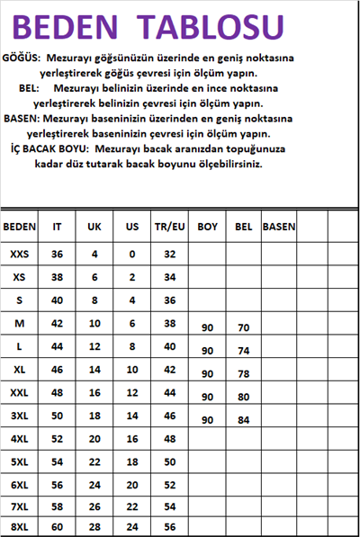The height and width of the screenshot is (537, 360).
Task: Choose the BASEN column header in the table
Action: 279,228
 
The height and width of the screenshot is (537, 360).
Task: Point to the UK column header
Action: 94,228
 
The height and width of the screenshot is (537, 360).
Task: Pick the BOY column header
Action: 208,228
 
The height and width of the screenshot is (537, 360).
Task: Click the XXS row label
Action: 20,255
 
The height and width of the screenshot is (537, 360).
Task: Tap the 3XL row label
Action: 20,415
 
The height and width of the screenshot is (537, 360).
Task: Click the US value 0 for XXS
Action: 131,255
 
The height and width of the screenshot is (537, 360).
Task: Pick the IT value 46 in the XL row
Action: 58,369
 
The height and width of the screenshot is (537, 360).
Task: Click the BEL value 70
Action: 243,328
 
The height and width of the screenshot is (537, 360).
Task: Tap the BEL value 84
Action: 243,420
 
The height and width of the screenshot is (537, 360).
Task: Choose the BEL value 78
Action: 243,374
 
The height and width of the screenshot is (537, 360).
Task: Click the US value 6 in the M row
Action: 131,323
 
